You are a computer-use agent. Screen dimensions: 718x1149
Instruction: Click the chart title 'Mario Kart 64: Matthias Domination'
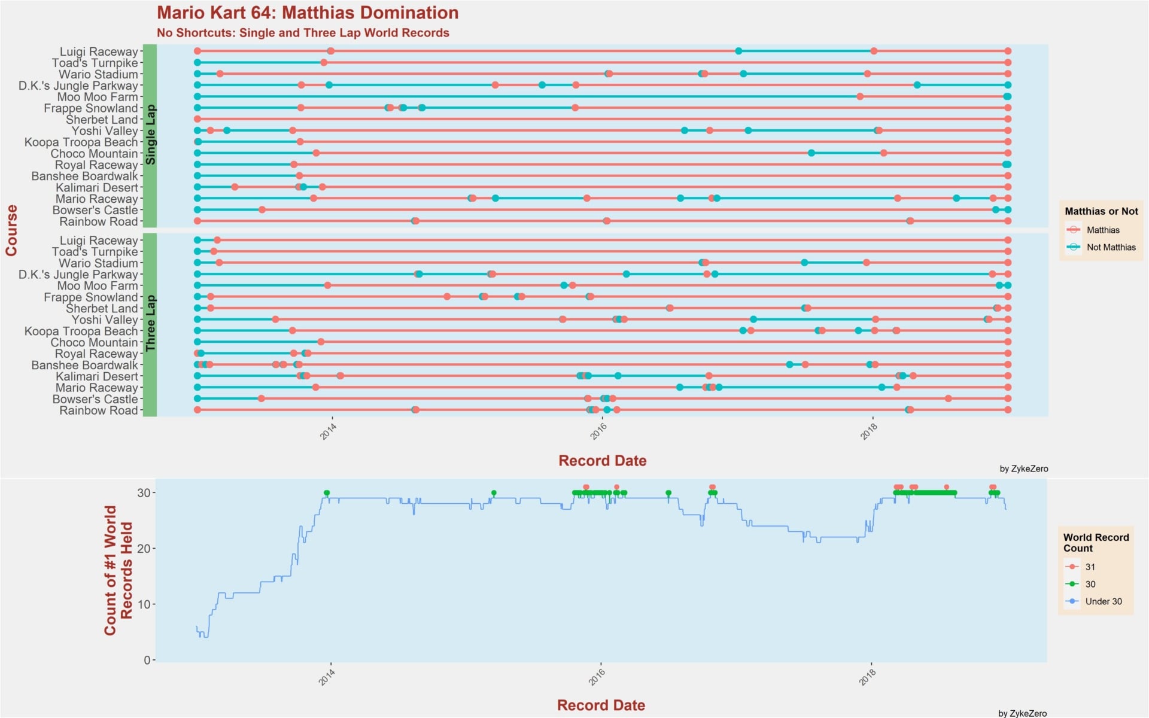[308, 13]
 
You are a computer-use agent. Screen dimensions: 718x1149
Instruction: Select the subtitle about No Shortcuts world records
[303, 33]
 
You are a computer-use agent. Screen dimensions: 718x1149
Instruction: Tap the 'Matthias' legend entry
[1102, 230]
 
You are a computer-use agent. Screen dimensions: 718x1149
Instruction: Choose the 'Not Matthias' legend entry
[1110, 247]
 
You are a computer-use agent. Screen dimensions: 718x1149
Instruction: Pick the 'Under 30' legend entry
[1103, 601]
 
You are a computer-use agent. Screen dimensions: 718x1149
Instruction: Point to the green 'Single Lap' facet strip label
[150, 135]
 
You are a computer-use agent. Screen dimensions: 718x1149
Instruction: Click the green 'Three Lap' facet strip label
[150, 324]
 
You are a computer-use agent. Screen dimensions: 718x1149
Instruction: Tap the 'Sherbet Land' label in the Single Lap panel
[102, 120]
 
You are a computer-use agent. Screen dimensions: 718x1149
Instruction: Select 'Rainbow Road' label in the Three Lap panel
[99, 410]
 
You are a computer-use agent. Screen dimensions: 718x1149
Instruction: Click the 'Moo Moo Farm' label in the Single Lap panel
[98, 97]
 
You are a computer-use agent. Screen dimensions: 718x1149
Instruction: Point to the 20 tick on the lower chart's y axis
[144, 548]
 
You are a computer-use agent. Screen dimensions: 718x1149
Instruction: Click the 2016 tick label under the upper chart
[598, 431]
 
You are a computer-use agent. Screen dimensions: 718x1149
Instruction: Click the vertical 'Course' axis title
[11, 230]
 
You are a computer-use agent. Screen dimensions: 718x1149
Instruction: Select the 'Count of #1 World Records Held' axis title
[118, 570]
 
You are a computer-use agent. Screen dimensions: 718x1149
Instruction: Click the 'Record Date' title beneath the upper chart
[602, 461]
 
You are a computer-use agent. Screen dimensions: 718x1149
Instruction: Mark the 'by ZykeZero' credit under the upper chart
[1023, 468]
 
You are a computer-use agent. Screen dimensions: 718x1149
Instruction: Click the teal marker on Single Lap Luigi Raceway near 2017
[738, 51]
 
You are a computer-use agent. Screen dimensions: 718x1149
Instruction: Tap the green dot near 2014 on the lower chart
[327, 493]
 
